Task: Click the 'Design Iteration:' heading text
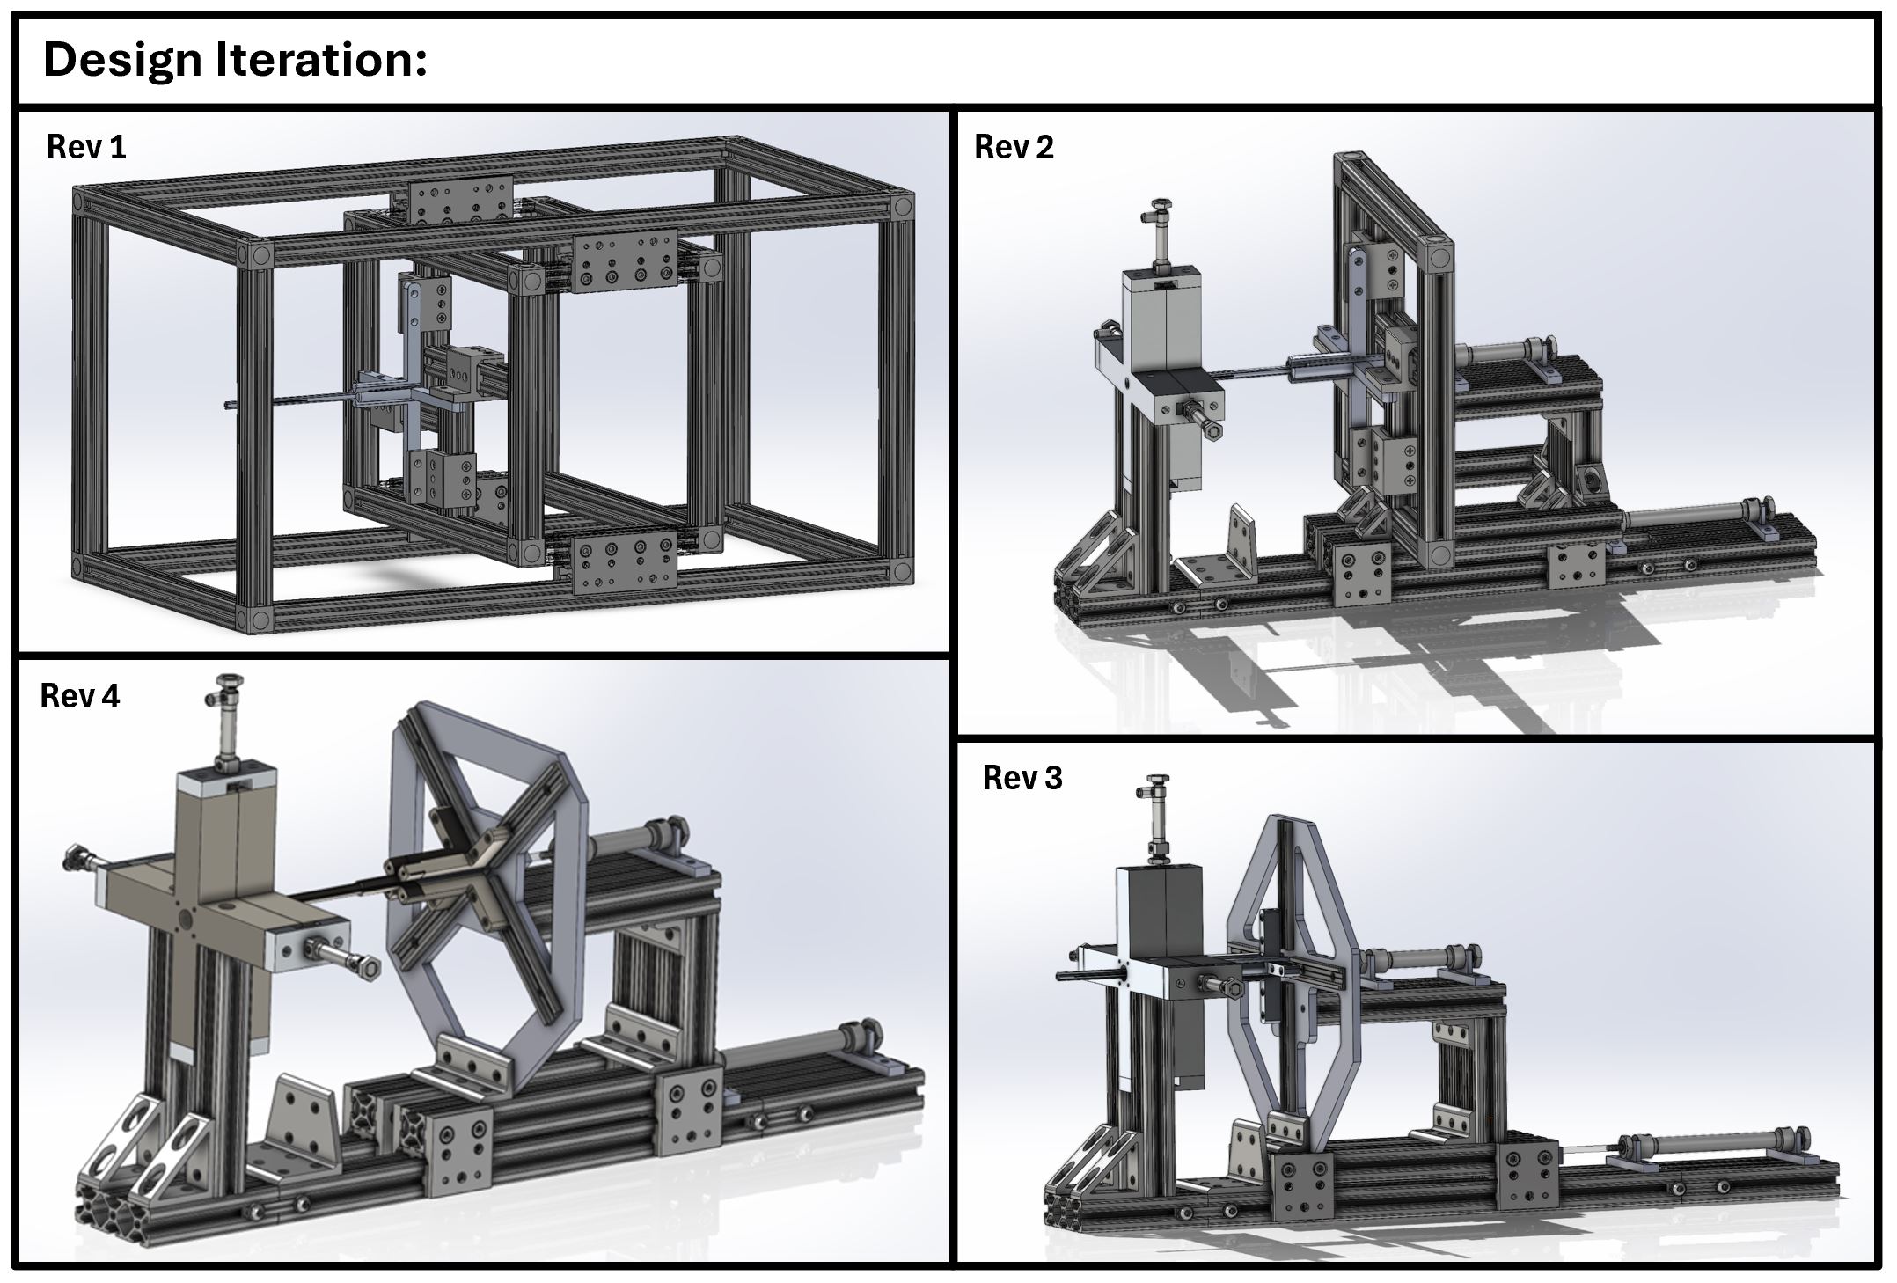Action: [x=235, y=61]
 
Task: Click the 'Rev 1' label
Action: [x=86, y=147]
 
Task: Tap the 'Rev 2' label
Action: [x=1014, y=147]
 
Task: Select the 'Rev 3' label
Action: [x=1022, y=778]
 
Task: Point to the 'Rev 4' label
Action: [x=79, y=696]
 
